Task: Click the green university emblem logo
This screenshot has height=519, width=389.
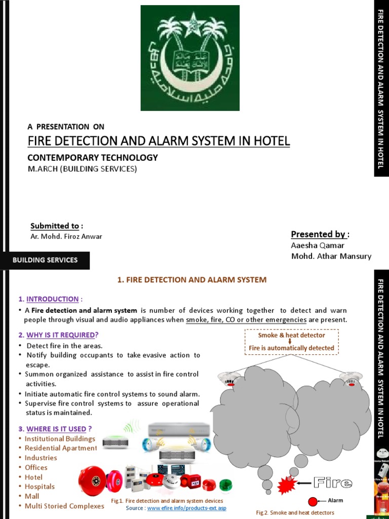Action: [190, 58]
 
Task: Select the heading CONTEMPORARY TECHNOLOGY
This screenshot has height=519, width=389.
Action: [92, 158]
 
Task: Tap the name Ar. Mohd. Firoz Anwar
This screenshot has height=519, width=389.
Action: [66, 237]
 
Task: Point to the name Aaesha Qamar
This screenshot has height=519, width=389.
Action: [318, 246]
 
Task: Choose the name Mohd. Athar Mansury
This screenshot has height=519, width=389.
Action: [331, 256]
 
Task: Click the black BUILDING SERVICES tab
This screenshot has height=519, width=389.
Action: [45, 260]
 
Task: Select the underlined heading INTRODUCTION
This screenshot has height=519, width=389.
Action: [52, 299]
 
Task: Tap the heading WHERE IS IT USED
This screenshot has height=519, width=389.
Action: [56, 429]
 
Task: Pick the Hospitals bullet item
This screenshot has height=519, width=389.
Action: [40, 487]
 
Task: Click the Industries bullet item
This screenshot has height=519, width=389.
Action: [41, 458]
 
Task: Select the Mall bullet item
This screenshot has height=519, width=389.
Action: [32, 496]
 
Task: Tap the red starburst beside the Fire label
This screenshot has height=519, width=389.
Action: [286, 485]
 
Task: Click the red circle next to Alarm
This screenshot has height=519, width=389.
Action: [313, 501]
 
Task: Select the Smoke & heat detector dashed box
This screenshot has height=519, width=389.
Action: [291, 342]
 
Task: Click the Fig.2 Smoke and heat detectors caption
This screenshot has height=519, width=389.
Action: [295, 513]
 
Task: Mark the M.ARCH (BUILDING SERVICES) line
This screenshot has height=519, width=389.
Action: [82, 169]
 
